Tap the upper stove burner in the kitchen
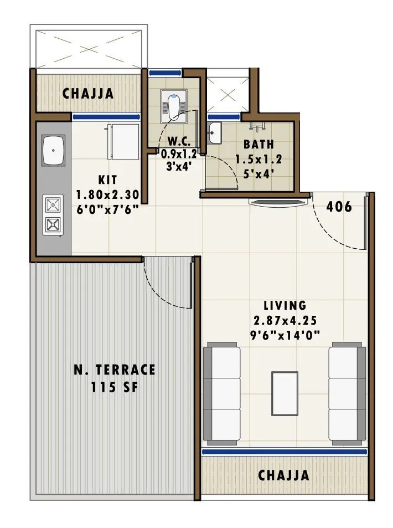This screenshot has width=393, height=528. pyautogui.click(x=53, y=206)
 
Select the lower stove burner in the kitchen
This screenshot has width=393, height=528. pyautogui.click(x=53, y=224)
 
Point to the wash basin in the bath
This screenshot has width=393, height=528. pyautogui.click(x=214, y=132)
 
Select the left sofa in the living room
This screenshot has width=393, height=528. pyautogui.click(x=221, y=393)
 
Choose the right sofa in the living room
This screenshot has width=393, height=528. pyautogui.click(x=347, y=393)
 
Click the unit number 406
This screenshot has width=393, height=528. pyautogui.click(x=339, y=207)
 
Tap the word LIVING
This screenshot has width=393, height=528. pyautogui.click(x=285, y=305)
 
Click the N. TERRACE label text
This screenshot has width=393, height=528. pyautogui.click(x=115, y=370)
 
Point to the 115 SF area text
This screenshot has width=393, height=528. pyautogui.click(x=115, y=387)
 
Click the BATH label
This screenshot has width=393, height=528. pyautogui.click(x=258, y=145)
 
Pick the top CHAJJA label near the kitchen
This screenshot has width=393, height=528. pyautogui.click(x=88, y=94)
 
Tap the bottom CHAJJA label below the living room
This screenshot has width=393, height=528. pyautogui.click(x=284, y=475)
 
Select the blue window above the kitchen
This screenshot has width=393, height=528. pyautogui.click(x=106, y=117)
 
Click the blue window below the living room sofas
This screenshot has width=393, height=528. pyautogui.click(x=285, y=452)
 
